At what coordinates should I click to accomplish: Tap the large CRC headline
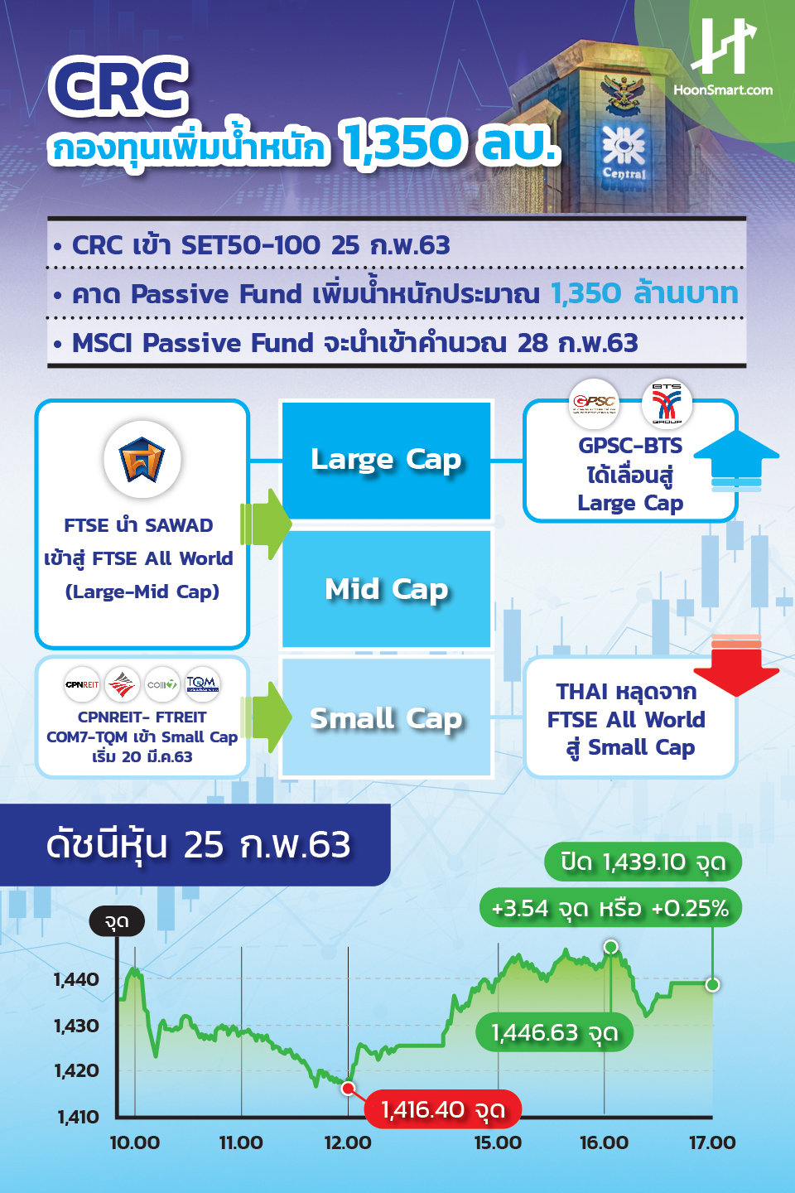[x=118, y=86]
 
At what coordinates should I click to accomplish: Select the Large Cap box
[x=387, y=460]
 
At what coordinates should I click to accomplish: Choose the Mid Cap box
[x=387, y=589]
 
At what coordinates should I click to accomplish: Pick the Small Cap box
[x=387, y=718]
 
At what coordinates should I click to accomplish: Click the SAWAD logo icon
[x=142, y=460]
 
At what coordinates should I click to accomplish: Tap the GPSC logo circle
[x=594, y=403]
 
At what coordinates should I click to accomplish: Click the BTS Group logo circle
[x=667, y=403]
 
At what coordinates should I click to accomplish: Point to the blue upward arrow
[x=735, y=461]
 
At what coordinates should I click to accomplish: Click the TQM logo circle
[x=202, y=684]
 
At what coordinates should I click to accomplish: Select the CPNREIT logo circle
[x=82, y=684]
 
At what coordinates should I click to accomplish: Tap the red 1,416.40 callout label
[x=443, y=1109]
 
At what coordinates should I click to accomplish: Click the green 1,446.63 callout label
[x=555, y=1032]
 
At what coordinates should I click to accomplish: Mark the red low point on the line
[x=349, y=1088]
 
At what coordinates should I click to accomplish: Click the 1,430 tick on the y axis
[x=76, y=1026]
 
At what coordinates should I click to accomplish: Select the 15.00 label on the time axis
[x=498, y=1142]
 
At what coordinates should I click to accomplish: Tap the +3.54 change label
[x=610, y=908]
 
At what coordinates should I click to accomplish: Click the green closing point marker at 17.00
[x=712, y=984]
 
